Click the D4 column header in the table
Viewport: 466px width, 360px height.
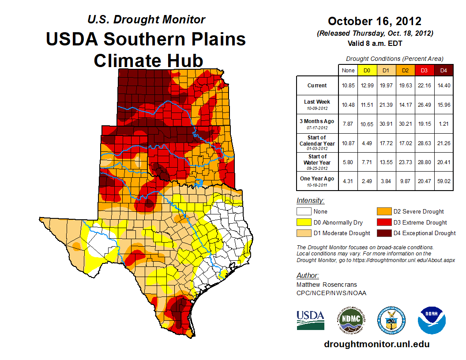click(443, 70)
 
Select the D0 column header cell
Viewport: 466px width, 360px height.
click(367, 70)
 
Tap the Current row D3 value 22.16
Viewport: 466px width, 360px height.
click(424, 86)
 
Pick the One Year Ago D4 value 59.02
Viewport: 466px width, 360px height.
click(443, 182)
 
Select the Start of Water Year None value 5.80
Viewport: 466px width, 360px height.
click(348, 162)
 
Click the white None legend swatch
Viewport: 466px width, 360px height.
click(304, 212)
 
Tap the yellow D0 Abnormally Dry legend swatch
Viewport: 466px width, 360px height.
click(304, 222)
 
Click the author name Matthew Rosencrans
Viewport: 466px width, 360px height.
click(326, 285)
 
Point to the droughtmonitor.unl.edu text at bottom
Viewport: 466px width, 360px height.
click(376, 344)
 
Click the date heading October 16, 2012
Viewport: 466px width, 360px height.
click(375, 21)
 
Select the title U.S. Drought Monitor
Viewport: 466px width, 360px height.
click(146, 19)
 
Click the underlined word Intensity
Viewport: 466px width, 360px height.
click(310, 201)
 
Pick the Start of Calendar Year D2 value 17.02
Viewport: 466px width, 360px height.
click(405, 143)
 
